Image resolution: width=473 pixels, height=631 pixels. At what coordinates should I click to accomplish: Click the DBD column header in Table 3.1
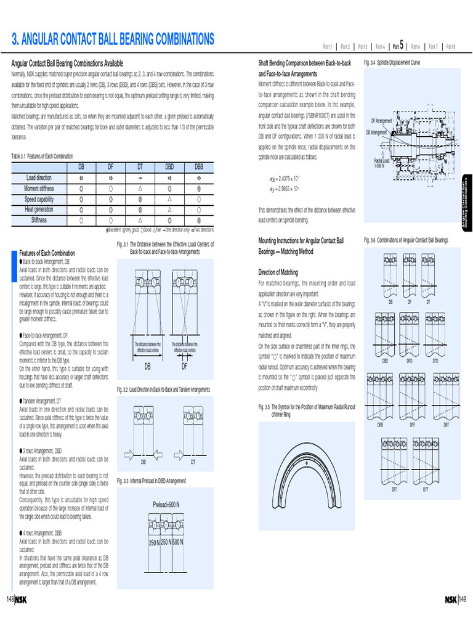[169, 167]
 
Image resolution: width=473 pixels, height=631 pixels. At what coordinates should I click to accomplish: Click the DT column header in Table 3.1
[140, 167]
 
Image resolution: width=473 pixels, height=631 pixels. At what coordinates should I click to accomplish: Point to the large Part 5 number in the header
[402, 44]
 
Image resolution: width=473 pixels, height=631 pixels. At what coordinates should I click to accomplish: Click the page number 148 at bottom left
[10, 600]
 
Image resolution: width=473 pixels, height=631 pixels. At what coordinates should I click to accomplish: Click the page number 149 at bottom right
[463, 600]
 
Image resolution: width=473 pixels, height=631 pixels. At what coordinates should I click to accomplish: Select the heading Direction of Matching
[278, 272]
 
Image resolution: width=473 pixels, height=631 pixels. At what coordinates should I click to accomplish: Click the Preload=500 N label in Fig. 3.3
[166, 505]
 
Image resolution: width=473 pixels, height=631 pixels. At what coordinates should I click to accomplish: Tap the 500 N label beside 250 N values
[178, 543]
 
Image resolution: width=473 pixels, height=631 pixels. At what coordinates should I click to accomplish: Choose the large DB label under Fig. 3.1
[147, 366]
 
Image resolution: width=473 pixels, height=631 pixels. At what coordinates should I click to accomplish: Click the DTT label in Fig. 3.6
[425, 490]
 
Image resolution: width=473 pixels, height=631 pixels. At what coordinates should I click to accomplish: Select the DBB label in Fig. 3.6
[381, 425]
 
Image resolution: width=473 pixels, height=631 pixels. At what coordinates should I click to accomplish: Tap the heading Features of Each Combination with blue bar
[47, 253]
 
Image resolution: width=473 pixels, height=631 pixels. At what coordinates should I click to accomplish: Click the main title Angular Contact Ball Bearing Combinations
[113, 40]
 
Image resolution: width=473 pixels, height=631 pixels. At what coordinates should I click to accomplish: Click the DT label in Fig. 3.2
[193, 461]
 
